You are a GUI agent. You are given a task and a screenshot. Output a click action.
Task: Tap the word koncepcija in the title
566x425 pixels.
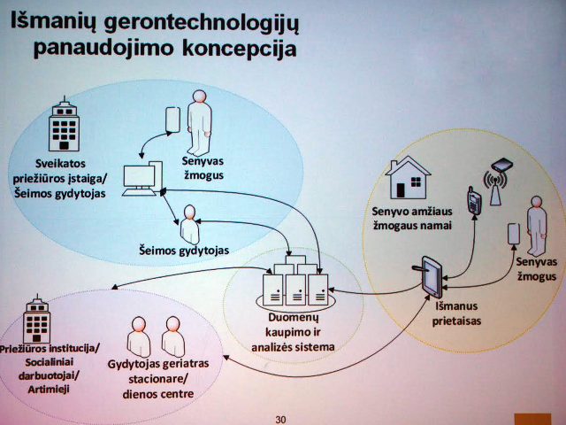point(240,49)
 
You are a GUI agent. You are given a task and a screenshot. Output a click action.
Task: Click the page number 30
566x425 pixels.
point(280,420)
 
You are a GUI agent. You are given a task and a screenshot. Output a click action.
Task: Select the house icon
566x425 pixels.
point(408,177)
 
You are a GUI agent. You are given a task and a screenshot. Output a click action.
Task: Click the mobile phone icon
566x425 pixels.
point(474,201)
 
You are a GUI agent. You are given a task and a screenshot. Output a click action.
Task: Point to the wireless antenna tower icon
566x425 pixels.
point(495,188)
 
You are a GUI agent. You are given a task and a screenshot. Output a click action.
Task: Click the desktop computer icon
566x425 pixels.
point(142,179)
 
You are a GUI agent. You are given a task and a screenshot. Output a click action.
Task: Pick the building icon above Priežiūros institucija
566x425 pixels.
point(37,320)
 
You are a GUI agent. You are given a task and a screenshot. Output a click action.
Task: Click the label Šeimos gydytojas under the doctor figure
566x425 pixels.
point(184,251)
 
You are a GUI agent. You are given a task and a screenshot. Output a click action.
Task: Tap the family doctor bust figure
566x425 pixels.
point(189,224)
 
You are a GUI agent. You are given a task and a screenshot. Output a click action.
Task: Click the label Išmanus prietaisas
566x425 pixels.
point(456,313)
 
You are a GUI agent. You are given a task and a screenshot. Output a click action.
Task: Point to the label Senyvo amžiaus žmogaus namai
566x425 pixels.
point(412,219)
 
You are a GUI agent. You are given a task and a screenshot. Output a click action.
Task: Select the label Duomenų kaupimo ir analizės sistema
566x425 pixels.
point(293,332)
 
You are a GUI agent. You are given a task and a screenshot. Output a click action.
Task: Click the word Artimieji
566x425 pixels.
point(49,390)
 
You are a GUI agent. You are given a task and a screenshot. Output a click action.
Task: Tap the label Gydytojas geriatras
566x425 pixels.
point(158,364)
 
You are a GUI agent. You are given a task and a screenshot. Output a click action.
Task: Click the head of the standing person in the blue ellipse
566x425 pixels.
point(199,97)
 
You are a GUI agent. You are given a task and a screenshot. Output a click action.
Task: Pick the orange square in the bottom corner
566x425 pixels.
point(532,419)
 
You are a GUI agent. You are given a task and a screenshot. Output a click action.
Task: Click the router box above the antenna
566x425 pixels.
point(501,165)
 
